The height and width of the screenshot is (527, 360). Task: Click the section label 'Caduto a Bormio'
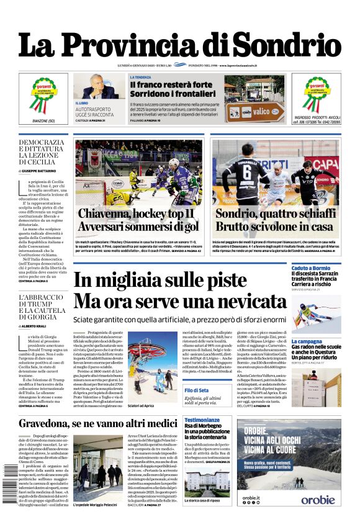(311, 268)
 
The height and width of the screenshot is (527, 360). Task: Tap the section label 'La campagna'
(307, 341)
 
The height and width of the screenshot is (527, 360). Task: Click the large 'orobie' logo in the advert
(318, 499)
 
